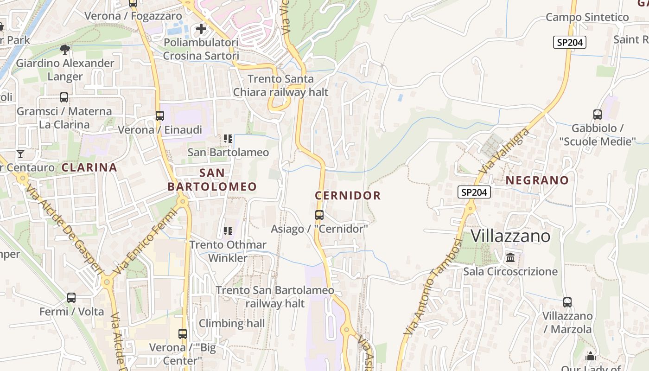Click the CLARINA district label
pyautogui.click(x=89, y=167)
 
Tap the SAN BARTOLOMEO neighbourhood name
pyautogui.click(x=212, y=180)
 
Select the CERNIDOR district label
pyautogui.click(x=348, y=196)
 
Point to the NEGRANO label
pyautogui.click(x=537, y=180)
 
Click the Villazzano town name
pyautogui.click(x=510, y=236)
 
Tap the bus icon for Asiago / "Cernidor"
pyautogui.click(x=319, y=215)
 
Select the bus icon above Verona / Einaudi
pyautogui.click(x=160, y=116)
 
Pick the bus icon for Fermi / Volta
pyautogui.click(x=71, y=298)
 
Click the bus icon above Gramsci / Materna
pyautogui.click(x=64, y=97)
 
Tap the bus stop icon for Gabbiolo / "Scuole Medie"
pyautogui.click(x=598, y=114)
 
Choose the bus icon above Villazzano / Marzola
pyautogui.click(x=567, y=302)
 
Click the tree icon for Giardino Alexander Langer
pyautogui.click(x=65, y=49)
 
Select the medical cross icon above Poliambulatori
pyautogui.click(x=201, y=29)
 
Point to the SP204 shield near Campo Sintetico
pyautogui.click(x=570, y=43)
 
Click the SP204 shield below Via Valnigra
pyautogui.click(x=474, y=192)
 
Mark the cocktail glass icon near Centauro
pyautogui.click(x=20, y=154)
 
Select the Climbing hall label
pyautogui.click(x=232, y=323)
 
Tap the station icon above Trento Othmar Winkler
pyautogui.click(x=228, y=230)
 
